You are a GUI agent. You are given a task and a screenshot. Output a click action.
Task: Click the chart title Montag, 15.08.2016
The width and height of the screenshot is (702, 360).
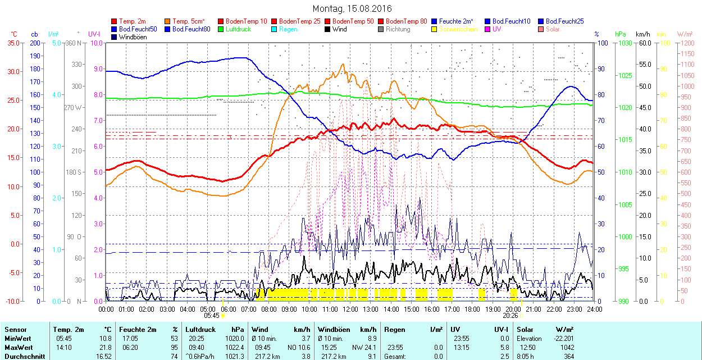[x=352, y=8]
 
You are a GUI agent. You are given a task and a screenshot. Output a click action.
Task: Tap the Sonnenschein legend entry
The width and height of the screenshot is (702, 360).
[x=458, y=29]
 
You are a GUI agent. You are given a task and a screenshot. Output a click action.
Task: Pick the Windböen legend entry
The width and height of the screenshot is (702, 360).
[x=133, y=37]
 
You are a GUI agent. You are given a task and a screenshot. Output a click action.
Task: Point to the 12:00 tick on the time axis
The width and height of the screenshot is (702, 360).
[x=350, y=309]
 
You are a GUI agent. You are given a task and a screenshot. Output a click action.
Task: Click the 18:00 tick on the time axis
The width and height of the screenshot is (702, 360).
[x=473, y=309]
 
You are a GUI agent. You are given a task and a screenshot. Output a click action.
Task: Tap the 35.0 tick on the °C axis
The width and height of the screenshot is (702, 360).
[x=11, y=43]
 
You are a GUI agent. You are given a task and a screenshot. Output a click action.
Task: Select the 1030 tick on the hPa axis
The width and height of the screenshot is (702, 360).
[x=623, y=43]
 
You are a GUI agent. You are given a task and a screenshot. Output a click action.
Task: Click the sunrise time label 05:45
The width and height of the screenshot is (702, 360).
[x=211, y=316]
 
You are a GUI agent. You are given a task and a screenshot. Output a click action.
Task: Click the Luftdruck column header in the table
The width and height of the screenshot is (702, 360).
[x=200, y=330]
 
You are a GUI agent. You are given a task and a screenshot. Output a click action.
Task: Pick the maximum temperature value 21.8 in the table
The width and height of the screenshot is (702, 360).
[x=105, y=347]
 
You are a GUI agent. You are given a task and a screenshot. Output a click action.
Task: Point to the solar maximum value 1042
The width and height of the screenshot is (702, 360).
[x=567, y=347]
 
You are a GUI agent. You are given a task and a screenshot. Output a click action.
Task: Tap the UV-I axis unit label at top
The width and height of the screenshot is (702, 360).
[x=94, y=34]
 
